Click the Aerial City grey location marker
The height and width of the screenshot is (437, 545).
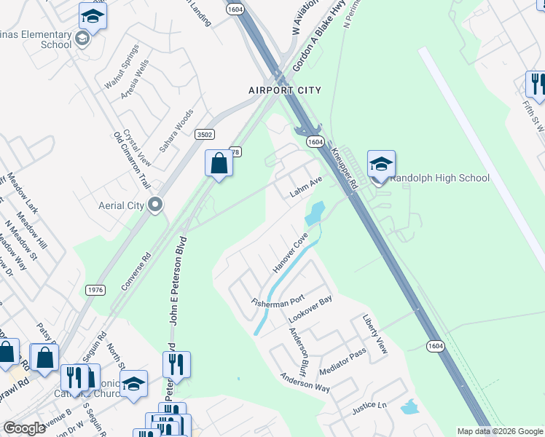[154, 205]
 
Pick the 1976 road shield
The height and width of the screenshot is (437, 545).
[95, 290]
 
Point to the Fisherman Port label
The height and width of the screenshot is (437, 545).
[278, 302]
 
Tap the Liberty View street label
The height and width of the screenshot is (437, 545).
[375, 335]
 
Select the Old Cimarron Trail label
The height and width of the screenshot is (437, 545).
[131, 160]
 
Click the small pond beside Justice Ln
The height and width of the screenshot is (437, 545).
[409, 406]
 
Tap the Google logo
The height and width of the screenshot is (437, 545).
[25, 428]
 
